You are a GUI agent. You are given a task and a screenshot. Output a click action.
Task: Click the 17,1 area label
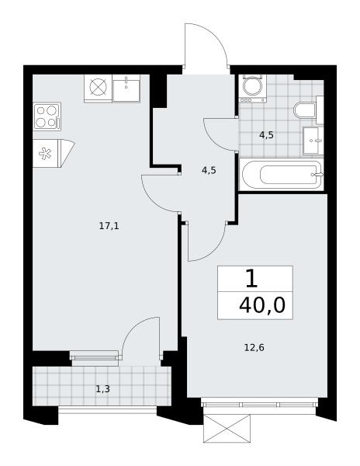(x=109, y=227)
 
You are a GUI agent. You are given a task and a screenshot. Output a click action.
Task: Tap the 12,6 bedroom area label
(x=254, y=347)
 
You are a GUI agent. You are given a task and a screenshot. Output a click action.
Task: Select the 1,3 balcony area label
(x=103, y=389)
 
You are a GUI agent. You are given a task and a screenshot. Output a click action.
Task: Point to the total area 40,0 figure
(x=261, y=305)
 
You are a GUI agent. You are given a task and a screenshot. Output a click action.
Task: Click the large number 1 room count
(x=251, y=279)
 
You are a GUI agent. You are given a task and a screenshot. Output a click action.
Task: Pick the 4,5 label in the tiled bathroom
(x=266, y=135)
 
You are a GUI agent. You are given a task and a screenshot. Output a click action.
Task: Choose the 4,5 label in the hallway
(x=209, y=171)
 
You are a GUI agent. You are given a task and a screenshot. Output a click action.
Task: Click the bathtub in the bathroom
(x=282, y=175)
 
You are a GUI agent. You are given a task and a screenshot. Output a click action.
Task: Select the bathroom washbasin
(x=313, y=141)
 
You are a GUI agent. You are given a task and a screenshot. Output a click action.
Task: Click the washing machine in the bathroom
(x=253, y=89)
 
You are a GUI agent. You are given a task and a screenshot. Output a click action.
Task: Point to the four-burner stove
(x=47, y=116)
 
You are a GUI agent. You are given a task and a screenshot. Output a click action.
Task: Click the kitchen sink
(x=126, y=88)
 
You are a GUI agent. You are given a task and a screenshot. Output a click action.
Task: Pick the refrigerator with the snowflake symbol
(x=54, y=153)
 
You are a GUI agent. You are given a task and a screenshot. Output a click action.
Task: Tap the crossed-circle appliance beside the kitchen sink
(x=98, y=89)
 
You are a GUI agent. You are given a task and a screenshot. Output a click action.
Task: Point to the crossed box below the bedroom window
(x=227, y=429)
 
